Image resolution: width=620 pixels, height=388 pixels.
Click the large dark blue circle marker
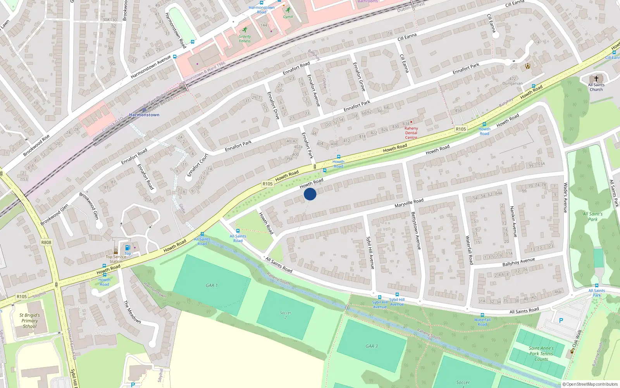point(310,194)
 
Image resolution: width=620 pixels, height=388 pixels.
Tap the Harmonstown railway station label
point(144,115)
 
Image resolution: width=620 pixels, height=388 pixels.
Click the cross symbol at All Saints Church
point(596,79)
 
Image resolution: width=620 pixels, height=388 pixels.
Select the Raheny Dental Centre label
point(411,133)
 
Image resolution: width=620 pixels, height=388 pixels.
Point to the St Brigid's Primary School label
point(29,320)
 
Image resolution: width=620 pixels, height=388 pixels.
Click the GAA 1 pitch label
point(212,285)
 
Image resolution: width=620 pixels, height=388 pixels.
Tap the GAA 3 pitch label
point(372,346)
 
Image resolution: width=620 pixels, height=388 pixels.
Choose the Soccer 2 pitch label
point(286,315)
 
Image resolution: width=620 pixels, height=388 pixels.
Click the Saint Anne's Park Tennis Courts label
point(541,353)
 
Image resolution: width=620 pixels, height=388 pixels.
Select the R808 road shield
point(46,242)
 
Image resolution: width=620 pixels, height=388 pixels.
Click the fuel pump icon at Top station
point(127,248)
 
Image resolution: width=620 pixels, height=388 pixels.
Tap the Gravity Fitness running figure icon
point(245,30)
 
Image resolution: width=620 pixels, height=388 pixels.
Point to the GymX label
point(288,17)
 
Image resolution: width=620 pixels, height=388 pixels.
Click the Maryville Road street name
point(409,203)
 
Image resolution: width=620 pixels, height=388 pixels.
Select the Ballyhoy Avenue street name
point(518,262)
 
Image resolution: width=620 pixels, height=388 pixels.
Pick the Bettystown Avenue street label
point(416,230)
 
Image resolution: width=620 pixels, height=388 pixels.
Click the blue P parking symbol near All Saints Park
point(561,321)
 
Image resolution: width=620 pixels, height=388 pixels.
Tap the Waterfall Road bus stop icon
point(482,315)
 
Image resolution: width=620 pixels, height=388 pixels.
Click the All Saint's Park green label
point(592,217)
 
